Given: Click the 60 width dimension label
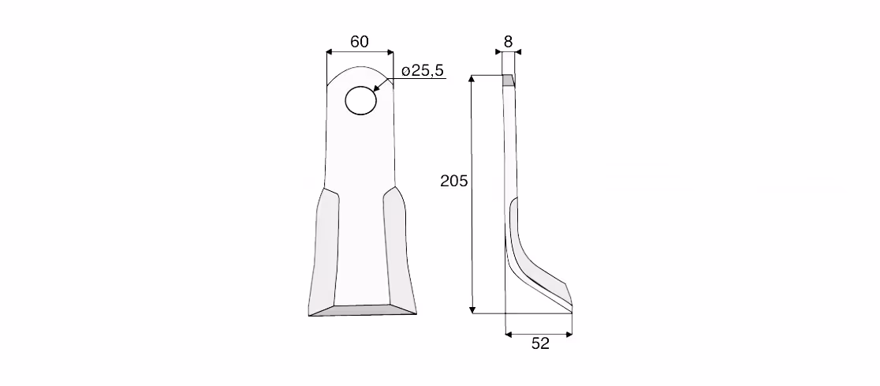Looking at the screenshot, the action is pyautogui.click(x=360, y=42).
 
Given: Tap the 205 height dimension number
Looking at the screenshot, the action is pyautogui.click(x=453, y=181).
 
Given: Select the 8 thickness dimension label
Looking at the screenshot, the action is pyautogui.click(x=508, y=41).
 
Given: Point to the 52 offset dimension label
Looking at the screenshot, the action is pyautogui.click(x=540, y=343).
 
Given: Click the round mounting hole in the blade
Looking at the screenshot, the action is pyautogui.click(x=360, y=100).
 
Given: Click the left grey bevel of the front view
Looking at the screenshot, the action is pyautogui.click(x=324, y=252).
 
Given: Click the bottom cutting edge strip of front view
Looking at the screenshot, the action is pyautogui.click(x=363, y=310).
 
